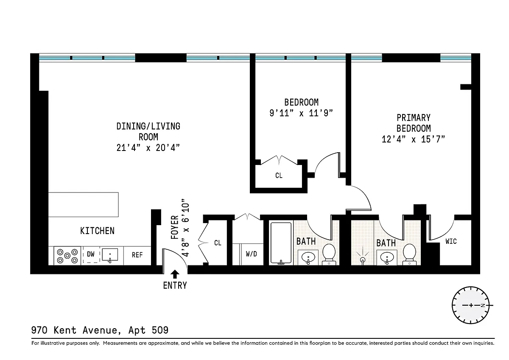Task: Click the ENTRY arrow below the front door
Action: click(x=175, y=274)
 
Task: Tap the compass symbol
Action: click(x=470, y=305)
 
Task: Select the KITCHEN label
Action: click(x=97, y=231)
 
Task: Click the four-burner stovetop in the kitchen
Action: click(x=67, y=256)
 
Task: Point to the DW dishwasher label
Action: click(x=91, y=254)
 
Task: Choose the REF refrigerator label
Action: click(x=137, y=255)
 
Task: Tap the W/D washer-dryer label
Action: click(x=251, y=254)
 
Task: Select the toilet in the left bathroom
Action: click(x=329, y=254)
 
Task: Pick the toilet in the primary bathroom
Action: click(x=409, y=254)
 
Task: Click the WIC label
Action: click(x=451, y=241)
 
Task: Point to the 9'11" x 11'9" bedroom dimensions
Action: click(x=301, y=113)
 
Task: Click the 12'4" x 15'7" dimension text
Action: click(x=413, y=139)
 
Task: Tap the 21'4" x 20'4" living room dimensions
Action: click(x=148, y=148)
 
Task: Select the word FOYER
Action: click(x=174, y=227)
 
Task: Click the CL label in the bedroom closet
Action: click(x=279, y=176)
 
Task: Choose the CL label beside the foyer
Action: click(x=218, y=243)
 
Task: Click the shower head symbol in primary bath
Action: click(x=363, y=257)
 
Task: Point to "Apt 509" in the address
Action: click(x=148, y=330)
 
